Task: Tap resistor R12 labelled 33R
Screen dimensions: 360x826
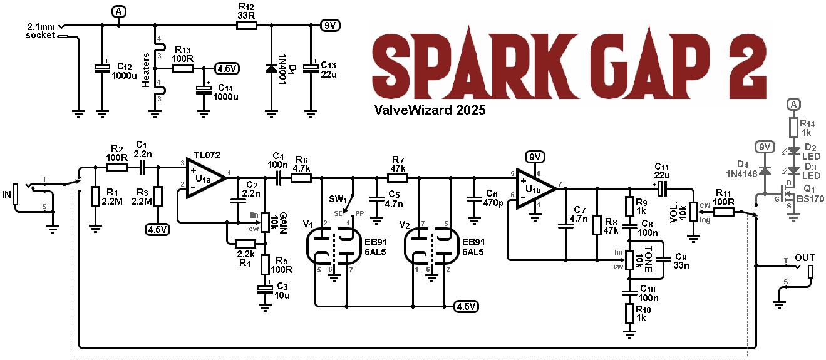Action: (x=246, y=26)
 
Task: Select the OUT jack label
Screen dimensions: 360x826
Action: (x=805, y=258)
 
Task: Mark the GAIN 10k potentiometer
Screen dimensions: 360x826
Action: (x=265, y=222)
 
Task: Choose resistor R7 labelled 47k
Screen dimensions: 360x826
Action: (x=398, y=178)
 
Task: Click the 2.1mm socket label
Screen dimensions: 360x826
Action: (x=41, y=31)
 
